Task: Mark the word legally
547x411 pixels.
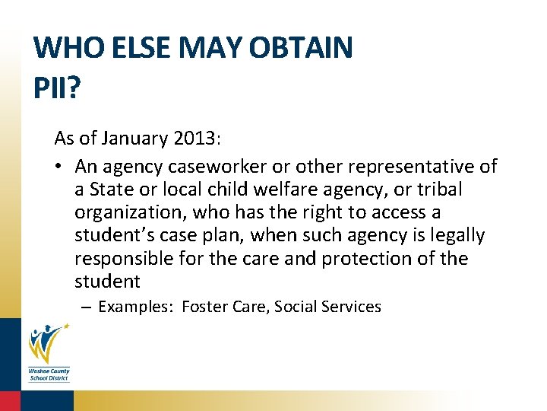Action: click(454, 235)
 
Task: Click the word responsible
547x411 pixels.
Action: click(125, 259)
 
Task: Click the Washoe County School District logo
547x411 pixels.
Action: click(48, 351)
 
